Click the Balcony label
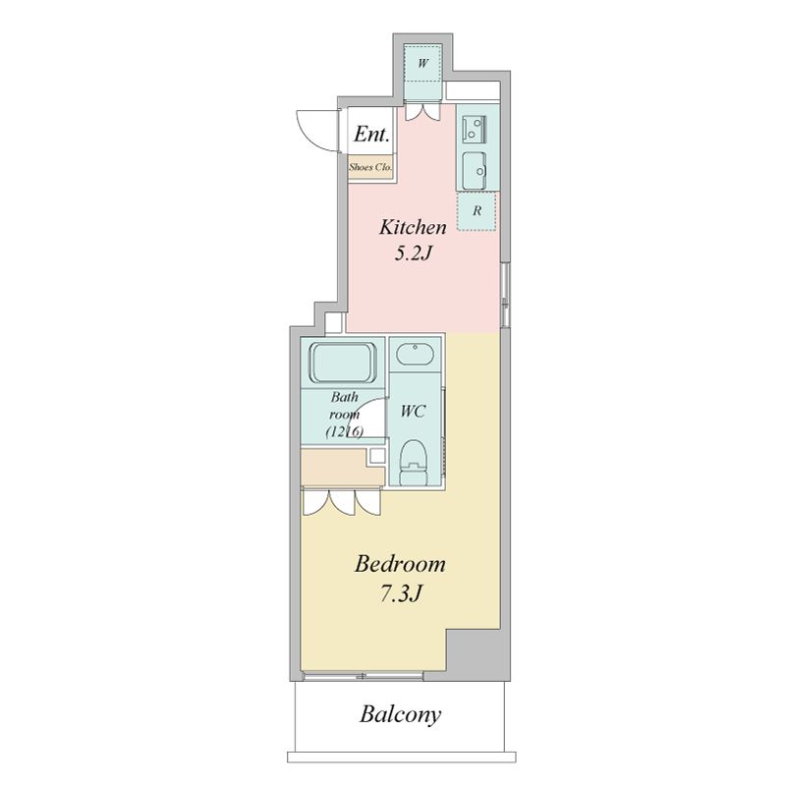(400, 715)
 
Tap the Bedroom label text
(400, 564)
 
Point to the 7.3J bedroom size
(400, 594)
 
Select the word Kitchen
(413, 228)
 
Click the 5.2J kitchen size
(413, 253)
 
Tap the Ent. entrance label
(371, 135)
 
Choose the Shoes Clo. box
(370, 168)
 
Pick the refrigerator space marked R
(477, 211)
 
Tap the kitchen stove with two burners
(474, 128)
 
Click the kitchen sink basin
(475, 171)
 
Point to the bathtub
(343, 363)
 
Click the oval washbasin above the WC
(415, 355)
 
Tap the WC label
(413, 412)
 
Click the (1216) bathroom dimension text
(345, 431)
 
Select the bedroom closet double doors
(342, 502)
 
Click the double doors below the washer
(422, 111)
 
